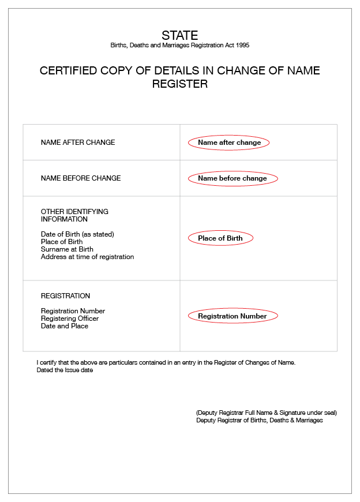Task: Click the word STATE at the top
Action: pyautogui.click(x=179, y=35)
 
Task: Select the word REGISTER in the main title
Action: pyautogui.click(x=179, y=84)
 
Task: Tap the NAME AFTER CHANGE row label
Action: pyautogui.click(x=78, y=143)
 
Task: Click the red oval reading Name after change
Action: pyautogui.click(x=229, y=143)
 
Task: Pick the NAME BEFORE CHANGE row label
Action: pyautogui.click(x=81, y=178)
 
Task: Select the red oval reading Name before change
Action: pyautogui.click(x=232, y=178)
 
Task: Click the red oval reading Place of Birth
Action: pyautogui.click(x=220, y=238)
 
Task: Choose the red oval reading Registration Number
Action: pyautogui.click(x=232, y=316)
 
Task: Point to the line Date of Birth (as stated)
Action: pyautogui.click(x=77, y=234)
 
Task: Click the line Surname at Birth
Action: pyautogui.click(x=67, y=249)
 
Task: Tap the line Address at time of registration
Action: pyautogui.click(x=87, y=257)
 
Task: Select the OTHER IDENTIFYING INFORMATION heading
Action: pyautogui.click(x=74, y=215)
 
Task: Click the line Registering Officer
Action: pyautogui.click(x=70, y=319)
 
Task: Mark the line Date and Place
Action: pyautogui.click(x=65, y=326)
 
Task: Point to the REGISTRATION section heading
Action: pyautogui.click(x=65, y=296)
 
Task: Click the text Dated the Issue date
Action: pyautogui.click(x=65, y=370)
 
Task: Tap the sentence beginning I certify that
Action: pyautogui.click(x=166, y=362)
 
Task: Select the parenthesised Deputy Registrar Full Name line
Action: pyautogui.click(x=266, y=413)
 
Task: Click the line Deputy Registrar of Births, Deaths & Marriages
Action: pyautogui.click(x=259, y=421)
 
